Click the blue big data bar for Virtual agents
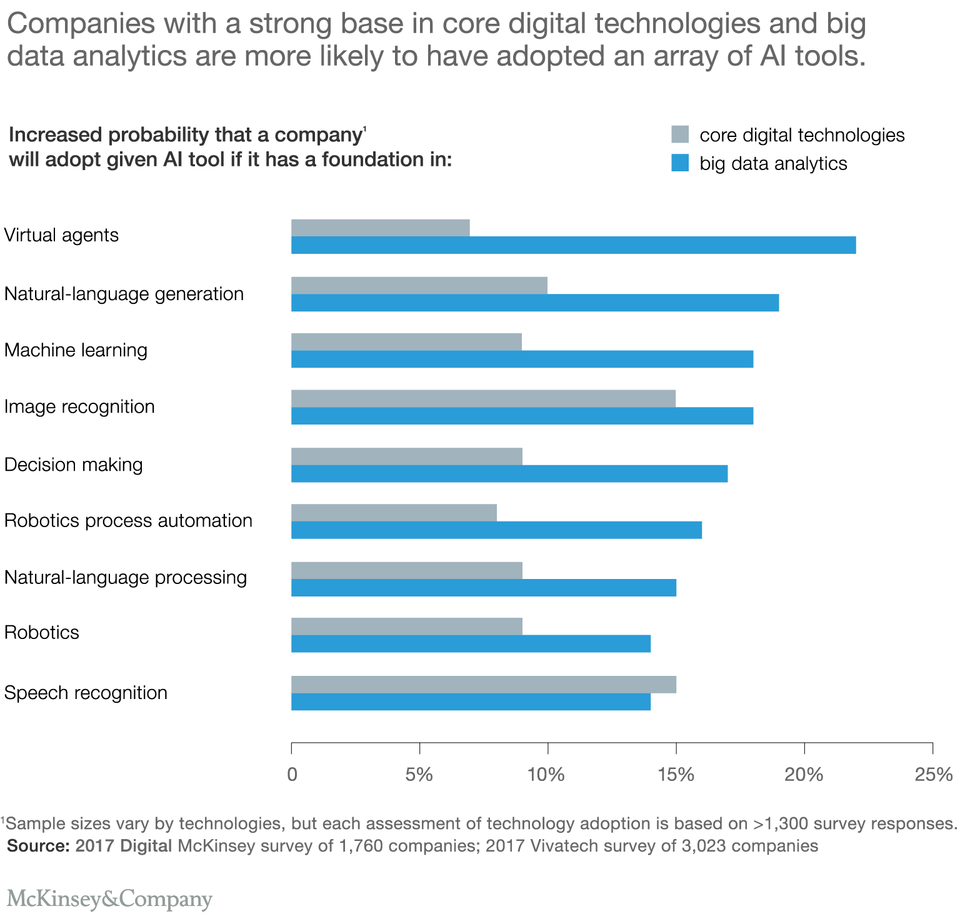coord(573,245)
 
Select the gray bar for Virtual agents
coord(380,228)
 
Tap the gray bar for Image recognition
coord(483,398)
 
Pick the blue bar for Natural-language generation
coord(535,303)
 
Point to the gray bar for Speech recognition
coord(483,685)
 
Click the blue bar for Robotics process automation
coord(496,530)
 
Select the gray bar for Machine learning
coord(406,342)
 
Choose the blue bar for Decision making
coord(509,474)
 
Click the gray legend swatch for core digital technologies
coord(680,134)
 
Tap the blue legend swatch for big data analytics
coord(680,163)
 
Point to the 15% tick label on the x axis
coord(676,775)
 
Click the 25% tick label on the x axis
coord(933,775)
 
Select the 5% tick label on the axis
coord(419,775)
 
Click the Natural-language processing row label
coord(126,577)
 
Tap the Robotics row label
coord(42,633)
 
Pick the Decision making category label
coord(74,465)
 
